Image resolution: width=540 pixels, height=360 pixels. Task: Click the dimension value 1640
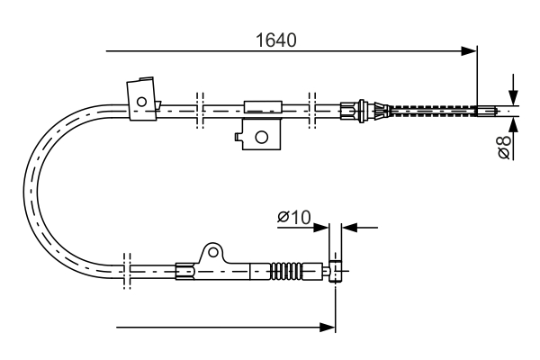click(276, 40)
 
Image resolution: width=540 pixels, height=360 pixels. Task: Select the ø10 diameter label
click(293, 217)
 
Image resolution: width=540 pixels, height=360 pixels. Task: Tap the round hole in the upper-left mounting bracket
click(141, 100)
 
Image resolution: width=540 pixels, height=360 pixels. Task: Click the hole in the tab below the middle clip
click(262, 137)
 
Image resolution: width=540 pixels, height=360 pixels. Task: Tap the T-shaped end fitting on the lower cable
click(336, 268)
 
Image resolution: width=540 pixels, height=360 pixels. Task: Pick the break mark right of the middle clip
click(311, 107)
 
